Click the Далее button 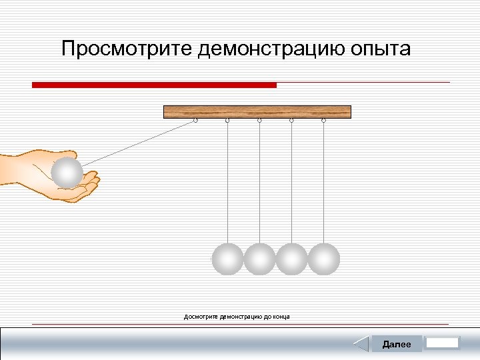pos(397,344)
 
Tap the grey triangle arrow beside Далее pos(361,344)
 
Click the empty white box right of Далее pos(442,343)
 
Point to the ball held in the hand pos(67,173)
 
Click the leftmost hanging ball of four pos(227,259)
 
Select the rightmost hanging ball pos(324,259)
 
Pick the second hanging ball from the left pos(259,259)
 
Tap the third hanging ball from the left pos(291,259)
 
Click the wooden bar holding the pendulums pos(257,112)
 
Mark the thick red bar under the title pos(154,85)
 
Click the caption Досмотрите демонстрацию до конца pos(237,317)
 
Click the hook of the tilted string pos(195,121)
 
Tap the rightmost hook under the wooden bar pos(323,121)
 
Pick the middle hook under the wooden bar pos(259,121)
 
